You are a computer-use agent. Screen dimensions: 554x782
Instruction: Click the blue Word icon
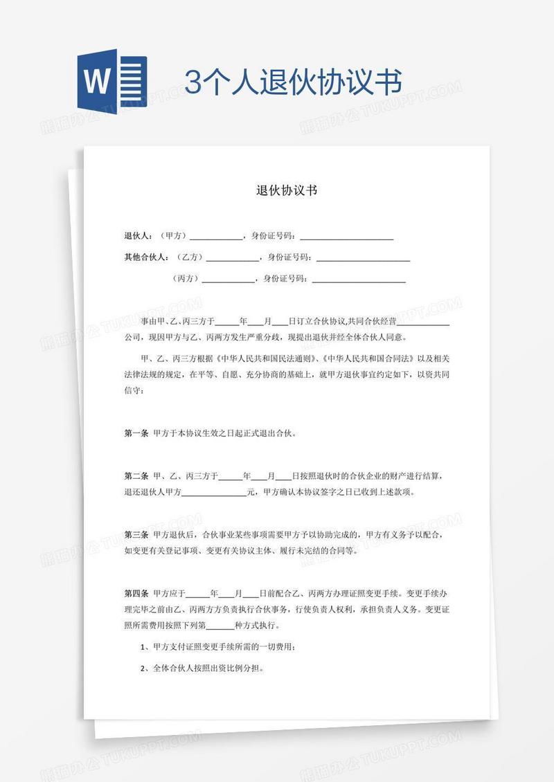coord(110,82)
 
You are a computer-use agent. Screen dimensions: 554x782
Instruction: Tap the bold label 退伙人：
coord(138,236)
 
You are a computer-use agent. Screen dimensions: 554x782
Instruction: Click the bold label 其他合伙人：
coord(146,257)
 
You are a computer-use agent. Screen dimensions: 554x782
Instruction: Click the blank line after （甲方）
coord(216,237)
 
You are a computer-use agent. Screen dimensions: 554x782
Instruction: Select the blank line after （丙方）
coord(228,280)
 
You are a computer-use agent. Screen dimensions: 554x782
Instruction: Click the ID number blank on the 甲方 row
coord(346,237)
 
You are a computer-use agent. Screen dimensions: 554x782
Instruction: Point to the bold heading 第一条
coord(136,434)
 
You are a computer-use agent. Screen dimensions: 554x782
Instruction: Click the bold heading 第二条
coord(136,477)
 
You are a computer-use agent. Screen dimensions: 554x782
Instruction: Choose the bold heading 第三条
coord(136,535)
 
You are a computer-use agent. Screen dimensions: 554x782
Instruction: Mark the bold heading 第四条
coord(136,594)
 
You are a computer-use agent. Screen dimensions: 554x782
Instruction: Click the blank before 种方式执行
coord(221,626)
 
